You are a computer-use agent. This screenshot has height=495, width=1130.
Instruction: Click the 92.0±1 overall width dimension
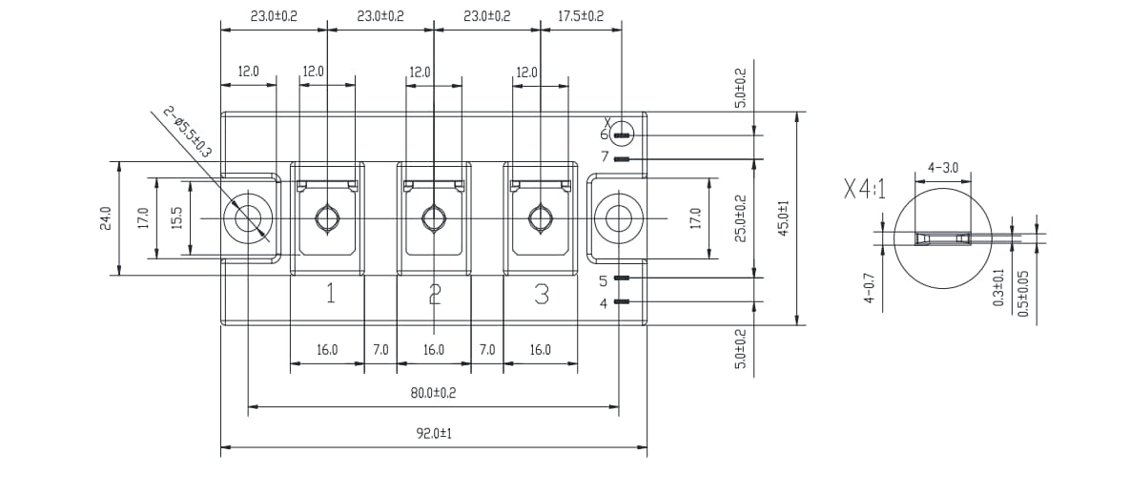433,433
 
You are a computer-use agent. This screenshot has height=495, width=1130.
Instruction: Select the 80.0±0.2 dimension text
433,393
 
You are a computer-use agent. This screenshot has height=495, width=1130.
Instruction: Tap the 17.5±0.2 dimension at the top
580,16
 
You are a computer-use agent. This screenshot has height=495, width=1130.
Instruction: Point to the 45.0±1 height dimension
785,218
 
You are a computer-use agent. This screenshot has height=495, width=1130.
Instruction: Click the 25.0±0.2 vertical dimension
741,218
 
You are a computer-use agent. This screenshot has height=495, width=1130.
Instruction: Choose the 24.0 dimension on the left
105,218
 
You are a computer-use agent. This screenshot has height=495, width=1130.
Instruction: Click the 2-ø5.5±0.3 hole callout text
187,133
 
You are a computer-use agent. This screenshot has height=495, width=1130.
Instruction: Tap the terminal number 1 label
330,294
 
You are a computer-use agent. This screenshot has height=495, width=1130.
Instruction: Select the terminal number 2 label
435,294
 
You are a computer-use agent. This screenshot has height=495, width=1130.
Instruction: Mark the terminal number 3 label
542,294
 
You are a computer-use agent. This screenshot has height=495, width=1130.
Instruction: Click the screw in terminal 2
435,218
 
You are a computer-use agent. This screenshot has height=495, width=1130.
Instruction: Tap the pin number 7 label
604,157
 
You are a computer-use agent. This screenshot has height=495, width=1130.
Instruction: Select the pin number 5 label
604,280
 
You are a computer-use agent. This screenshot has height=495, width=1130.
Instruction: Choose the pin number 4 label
604,303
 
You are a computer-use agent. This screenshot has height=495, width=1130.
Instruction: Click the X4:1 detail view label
864,189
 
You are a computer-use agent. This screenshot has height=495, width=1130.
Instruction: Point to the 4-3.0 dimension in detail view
942,168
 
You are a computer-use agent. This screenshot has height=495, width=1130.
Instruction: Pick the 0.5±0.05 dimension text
1023,293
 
